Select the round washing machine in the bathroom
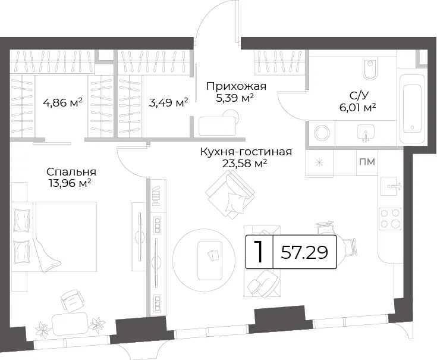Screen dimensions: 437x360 pos(322,133)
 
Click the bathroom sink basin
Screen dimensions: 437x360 pos(366,133)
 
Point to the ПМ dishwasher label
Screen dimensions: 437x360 pos(367,162)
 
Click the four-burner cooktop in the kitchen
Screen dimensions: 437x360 pos(390,219)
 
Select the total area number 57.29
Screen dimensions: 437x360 pos(304,253)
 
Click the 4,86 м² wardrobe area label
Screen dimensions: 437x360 pos(62,102)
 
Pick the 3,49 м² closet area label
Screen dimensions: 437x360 pos(169,102)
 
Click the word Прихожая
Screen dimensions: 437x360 pos(237,86)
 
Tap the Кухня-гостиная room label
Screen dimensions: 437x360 pos(246,152)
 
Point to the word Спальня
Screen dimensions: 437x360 pos(71,172)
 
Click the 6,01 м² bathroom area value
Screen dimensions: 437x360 pos(357,107)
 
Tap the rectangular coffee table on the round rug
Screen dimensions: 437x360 pos(210,260)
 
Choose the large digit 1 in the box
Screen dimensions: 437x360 pos(259,252)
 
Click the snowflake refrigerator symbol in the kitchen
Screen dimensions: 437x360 pos(319,162)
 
